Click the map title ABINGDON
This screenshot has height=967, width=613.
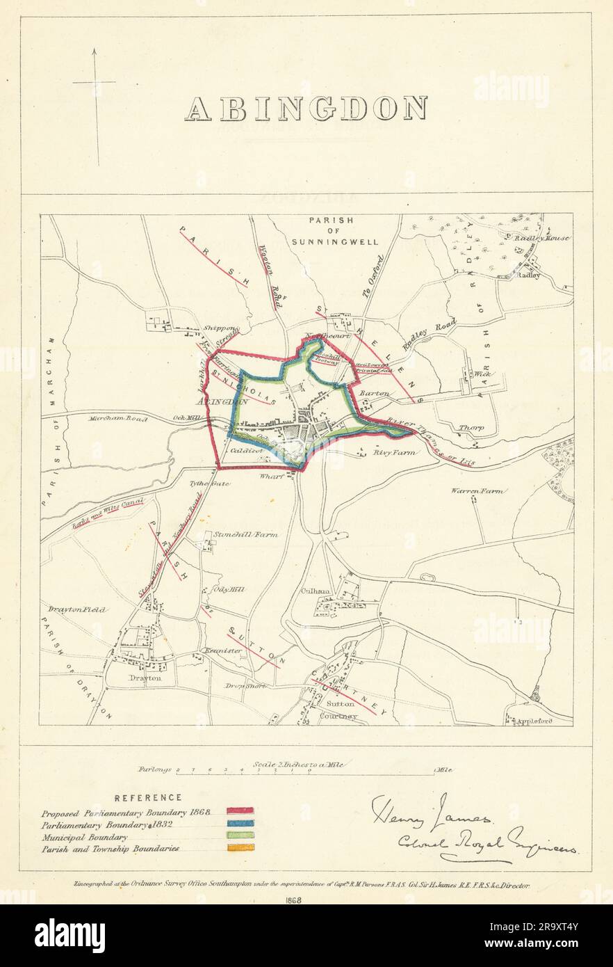point(306,108)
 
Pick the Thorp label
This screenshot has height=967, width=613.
point(470,428)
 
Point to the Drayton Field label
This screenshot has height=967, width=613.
point(77,609)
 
